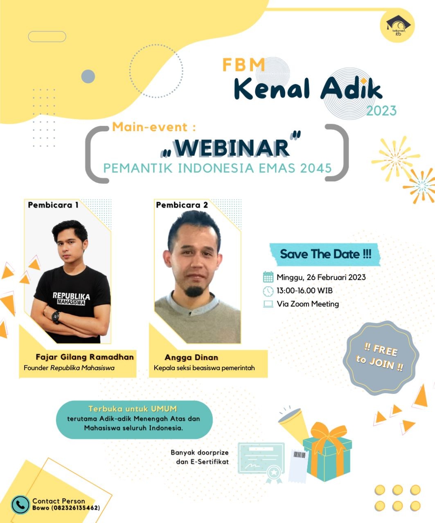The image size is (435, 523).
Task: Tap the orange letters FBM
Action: click(x=243, y=65)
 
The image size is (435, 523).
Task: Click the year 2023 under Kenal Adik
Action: click(x=381, y=111)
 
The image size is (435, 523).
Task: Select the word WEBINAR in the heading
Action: click(x=232, y=148)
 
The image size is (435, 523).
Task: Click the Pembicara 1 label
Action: click(x=53, y=205)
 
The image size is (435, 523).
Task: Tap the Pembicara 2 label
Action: click(x=182, y=205)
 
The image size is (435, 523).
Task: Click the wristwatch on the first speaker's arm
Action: click(x=56, y=316)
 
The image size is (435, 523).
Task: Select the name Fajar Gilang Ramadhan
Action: click(x=85, y=357)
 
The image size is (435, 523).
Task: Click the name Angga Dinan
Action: click(x=192, y=357)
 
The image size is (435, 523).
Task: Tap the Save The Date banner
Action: click(x=325, y=254)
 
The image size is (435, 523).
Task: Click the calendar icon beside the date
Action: click(x=268, y=277)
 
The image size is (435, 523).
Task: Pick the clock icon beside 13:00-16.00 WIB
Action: click(x=268, y=291)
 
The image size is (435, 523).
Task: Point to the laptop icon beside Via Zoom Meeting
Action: click(x=268, y=304)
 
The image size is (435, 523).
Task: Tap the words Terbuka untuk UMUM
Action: click(x=133, y=409)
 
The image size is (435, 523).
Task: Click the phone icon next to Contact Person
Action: click(x=20, y=505)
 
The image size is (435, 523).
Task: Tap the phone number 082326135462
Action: click(x=75, y=508)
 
